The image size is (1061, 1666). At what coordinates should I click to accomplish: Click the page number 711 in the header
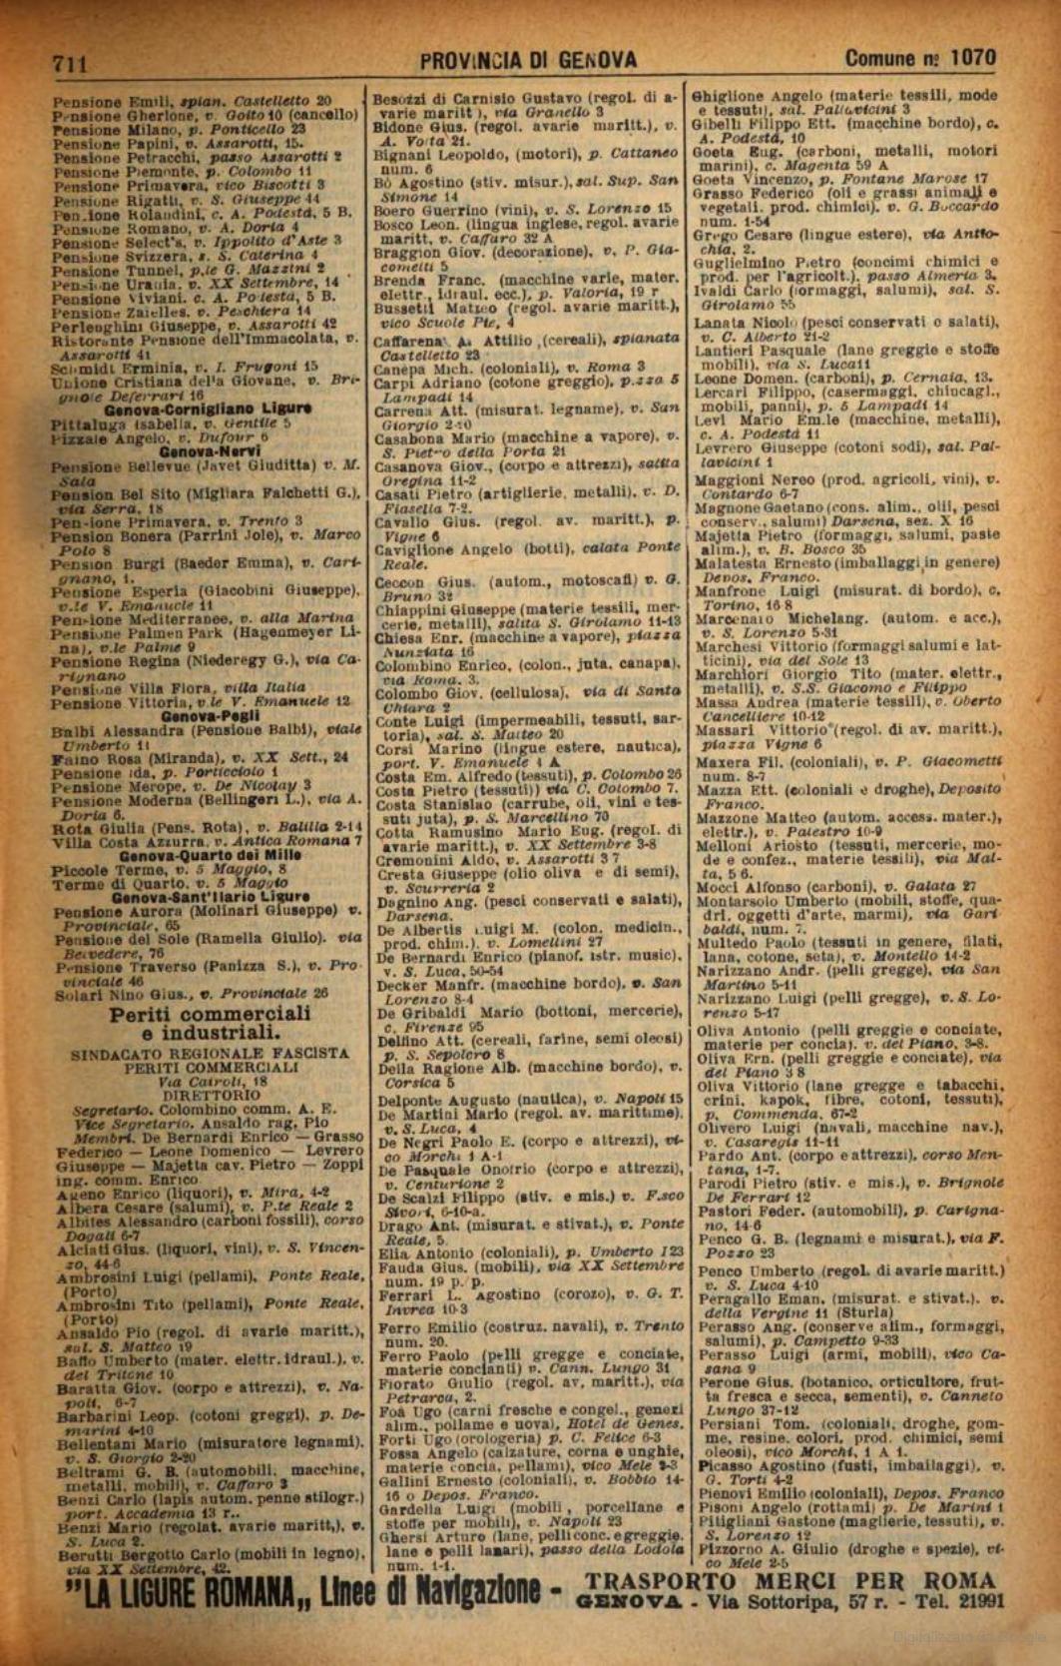click(x=70, y=63)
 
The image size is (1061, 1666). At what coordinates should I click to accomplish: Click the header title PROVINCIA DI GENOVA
click(x=528, y=61)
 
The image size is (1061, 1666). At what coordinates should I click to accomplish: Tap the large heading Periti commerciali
click(x=211, y=1014)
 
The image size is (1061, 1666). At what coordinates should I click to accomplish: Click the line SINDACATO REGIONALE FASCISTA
click(x=211, y=1053)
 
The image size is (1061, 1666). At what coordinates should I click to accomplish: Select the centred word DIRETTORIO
click(x=210, y=1094)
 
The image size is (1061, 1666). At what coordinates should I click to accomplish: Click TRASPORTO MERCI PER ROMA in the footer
click(x=790, y=1580)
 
